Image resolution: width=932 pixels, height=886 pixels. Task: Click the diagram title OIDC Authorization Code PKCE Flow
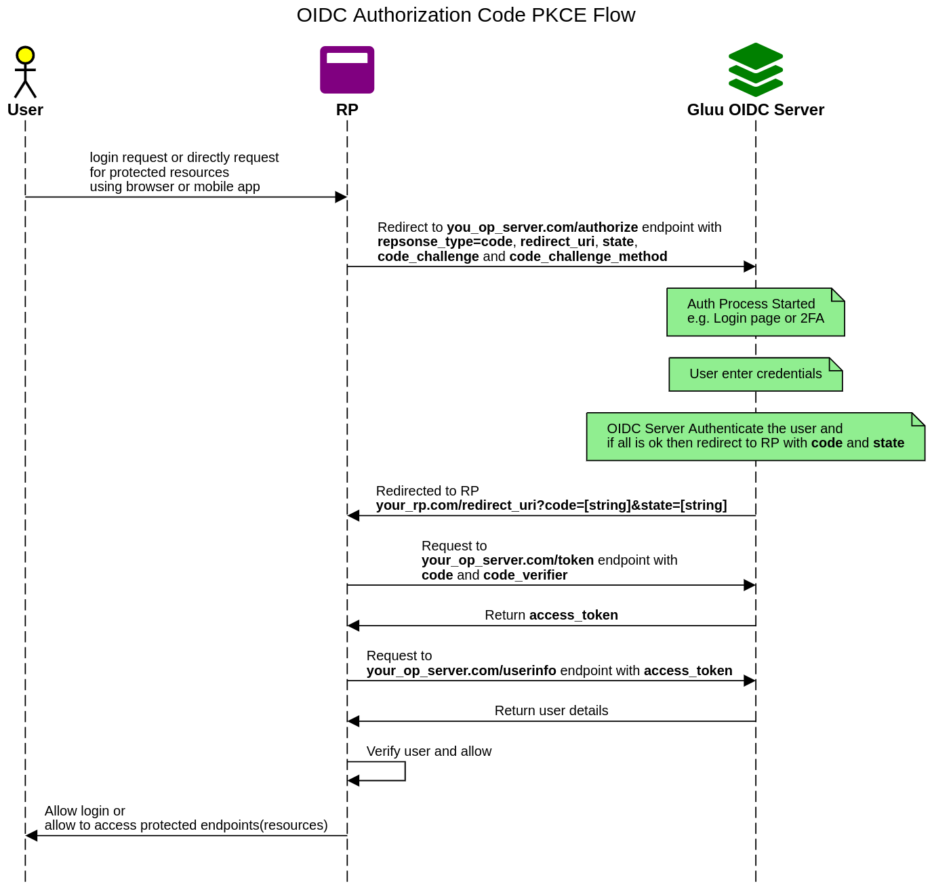pyautogui.click(x=466, y=15)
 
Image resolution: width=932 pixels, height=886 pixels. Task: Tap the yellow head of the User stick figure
pyautogui.click(x=25, y=55)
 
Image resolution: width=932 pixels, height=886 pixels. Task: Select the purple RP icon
pyautogui.click(x=347, y=70)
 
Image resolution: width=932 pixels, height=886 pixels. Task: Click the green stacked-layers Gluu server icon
pyautogui.click(x=755, y=69)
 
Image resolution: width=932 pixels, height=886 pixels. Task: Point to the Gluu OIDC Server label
pyautogui.click(x=755, y=110)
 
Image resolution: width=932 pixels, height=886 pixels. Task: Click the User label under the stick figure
pyautogui.click(x=25, y=110)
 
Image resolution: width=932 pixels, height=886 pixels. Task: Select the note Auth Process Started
pyautogui.click(x=755, y=312)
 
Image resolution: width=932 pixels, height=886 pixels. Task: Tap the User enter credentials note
pyautogui.click(x=755, y=374)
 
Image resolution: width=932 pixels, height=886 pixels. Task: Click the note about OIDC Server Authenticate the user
pyautogui.click(x=755, y=437)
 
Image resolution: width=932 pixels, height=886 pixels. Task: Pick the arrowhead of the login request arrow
pyautogui.click(x=341, y=197)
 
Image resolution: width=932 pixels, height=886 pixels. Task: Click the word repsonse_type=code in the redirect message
pyautogui.click(x=445, y=242)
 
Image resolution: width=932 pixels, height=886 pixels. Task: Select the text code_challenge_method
pyautogui.click(x=588, y=257)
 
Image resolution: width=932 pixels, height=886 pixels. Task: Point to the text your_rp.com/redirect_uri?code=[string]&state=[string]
pyautogui.click(x=551, y=506)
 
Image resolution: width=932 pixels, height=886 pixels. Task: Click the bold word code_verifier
pyautogui.click(x=525, y=576)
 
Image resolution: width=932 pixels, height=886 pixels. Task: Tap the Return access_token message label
pyautogui.click(x=551, y=616)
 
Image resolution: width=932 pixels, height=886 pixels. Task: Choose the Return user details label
pyautogui.click(x=551, y=711)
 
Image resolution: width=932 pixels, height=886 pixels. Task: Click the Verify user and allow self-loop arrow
pyautogui.click(x=404, y=771)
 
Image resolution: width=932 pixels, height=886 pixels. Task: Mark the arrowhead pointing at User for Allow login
pyautogui.click(x=31, y=836)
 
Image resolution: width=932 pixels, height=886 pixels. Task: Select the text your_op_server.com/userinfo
pyautogui.click(x=461, y=671)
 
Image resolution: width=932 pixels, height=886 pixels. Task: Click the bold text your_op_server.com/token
pyautogui.click(x=507, y=561)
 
